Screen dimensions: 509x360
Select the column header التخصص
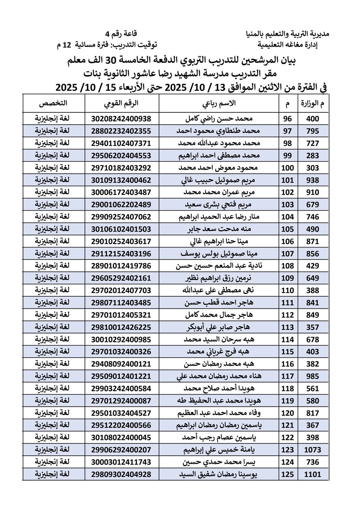53,103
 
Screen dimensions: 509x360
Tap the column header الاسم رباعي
219,103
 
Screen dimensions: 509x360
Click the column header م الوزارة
313,103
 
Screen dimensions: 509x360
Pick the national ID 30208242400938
121,119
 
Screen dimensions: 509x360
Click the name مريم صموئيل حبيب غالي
219,180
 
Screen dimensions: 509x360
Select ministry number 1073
313,450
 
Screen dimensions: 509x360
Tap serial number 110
288,290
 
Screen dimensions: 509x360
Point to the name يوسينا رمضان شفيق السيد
219,474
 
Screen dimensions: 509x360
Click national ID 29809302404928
121,474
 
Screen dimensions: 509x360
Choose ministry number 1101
313,474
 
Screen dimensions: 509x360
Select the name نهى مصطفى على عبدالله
219,290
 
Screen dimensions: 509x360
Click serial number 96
288,119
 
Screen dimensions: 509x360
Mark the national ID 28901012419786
121,266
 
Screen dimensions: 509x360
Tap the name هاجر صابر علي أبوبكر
219,327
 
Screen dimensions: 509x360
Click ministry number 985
313,376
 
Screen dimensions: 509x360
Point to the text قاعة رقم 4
121,34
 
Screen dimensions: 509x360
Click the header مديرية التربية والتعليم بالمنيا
288,34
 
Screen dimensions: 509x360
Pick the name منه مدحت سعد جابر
219,229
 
